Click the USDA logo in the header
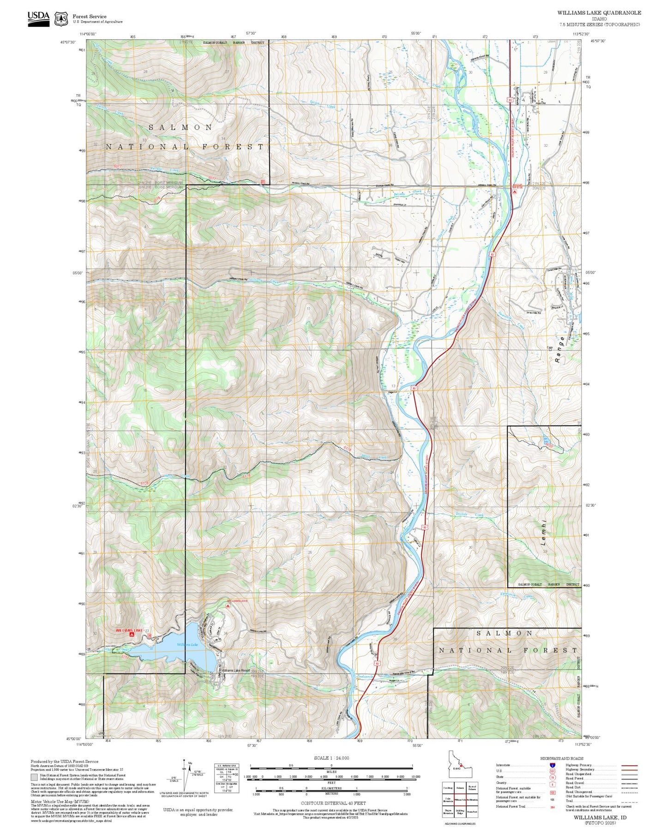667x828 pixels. click(x=38, y=18)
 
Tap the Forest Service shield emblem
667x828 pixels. click(x=61, y=19)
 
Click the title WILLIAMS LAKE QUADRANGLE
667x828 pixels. click(x=599, y=13)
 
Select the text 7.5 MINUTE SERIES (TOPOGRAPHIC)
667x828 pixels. click(x=599, y=24)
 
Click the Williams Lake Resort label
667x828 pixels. click(x=235, y=670)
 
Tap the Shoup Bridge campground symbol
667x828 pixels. click(x=514, y=192)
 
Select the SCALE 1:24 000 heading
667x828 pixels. click(x=331, y=758)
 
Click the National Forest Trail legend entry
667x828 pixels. click(x=511, y=807)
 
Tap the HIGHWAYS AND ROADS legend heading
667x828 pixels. click(x=561, y=758)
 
